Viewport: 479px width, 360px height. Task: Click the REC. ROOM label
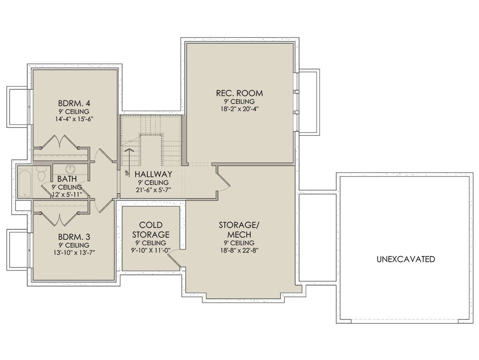point(239,93)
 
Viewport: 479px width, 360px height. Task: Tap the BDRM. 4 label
point(74,103)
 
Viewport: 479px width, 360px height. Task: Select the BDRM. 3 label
point(74,237)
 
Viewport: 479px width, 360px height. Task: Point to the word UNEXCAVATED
point(406,259)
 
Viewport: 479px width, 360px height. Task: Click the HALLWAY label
point(153,174)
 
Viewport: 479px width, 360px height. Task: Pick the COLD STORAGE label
point(151,230)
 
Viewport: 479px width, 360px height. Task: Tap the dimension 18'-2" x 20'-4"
point(239,109)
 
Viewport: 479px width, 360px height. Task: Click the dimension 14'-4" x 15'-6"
point(74,119)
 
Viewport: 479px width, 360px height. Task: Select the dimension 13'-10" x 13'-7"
point(74,253)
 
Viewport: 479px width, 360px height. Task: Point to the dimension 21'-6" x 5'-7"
point(153,190)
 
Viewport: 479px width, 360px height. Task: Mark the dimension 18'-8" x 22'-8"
point(239,250)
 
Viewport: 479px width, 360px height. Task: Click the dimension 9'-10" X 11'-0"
point(150,250)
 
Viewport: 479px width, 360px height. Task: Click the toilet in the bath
point(41,174)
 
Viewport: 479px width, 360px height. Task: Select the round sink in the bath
point(70,169)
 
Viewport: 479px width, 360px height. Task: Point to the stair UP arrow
point(129,162)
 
